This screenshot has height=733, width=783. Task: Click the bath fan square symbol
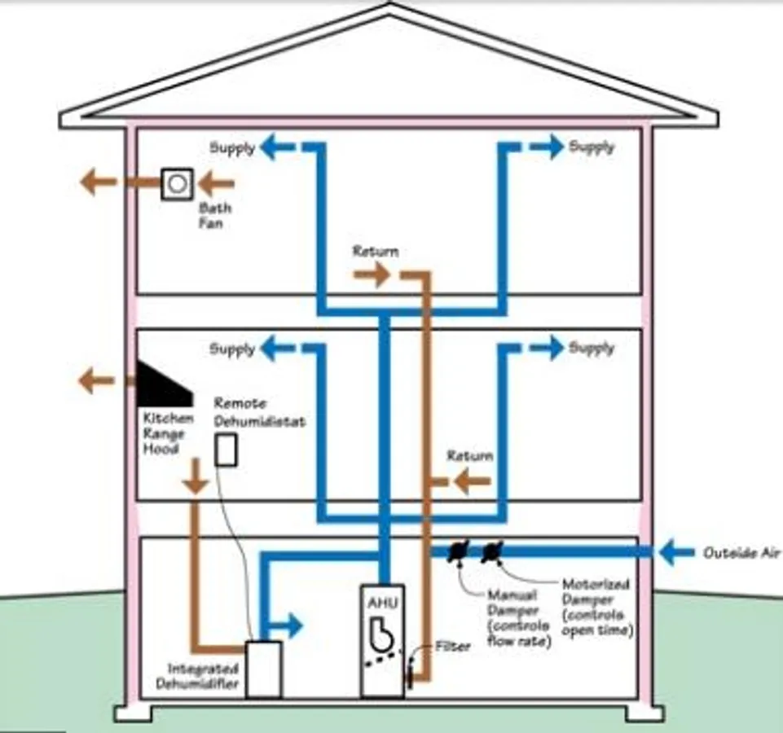pyautogui.click(x=175, y=183)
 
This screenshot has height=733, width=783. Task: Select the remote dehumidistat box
pyautogui.click(x=226, y=450)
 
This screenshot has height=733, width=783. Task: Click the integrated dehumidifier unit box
pyautogui.click(x=263, y=669)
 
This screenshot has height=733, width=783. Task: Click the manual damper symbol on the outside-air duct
pyautogui.click(x=459, y=552)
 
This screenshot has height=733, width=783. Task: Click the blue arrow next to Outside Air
pyautogui.click(x=677, y=553)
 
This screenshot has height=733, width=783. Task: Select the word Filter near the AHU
pyautogui.click(x=452, y=647)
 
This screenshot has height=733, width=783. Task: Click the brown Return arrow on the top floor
pyautogui.click(x=372, y=275)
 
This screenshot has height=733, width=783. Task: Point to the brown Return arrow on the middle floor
pyautogui.click(x=471, y=481)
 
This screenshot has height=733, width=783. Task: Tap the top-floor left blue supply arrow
pyautogui.click(x=277, y=147)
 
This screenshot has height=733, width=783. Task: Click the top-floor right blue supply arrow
pyautogui.click(x=546, y=147)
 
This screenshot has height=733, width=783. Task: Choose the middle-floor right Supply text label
pyautogui.click(x=592, y=348)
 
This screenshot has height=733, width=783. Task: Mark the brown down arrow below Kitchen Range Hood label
pyautogui.click(x=196, y=477)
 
